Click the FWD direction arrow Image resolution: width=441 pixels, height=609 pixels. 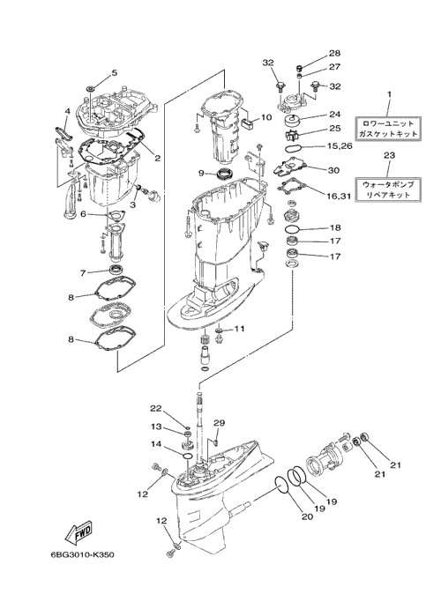[78, 532]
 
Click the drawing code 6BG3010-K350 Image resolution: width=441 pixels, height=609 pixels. [82, 554]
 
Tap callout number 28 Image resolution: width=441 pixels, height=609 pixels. [334, 53]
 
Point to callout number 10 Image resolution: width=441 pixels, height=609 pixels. [266, 117]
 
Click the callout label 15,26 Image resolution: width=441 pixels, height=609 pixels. [340, 146]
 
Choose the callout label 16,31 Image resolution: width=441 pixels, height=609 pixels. [339, 197]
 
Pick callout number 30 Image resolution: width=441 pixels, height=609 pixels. [333, 170]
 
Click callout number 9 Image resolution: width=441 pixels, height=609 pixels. [201, 174]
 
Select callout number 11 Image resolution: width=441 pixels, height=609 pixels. [239, 329]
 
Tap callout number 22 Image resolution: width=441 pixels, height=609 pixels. [156, 408]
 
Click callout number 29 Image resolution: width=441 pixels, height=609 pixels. [219, 423]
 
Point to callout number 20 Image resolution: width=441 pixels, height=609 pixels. [307, 516]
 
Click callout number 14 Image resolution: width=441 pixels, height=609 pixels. [156, 444]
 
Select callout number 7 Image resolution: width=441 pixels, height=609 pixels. [83, 273]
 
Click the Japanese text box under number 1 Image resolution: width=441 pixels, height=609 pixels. [388, 128]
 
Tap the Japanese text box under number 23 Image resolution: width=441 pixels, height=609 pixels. [388, 189]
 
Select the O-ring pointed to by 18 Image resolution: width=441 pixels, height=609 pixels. [293, 229]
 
